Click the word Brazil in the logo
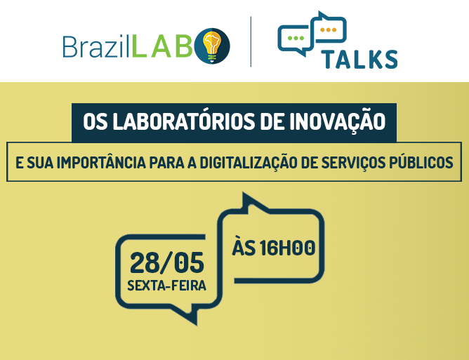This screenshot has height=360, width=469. pos(95,46)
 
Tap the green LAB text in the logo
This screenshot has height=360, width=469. pos(162,46)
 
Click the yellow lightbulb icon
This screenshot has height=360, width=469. pos(212,46)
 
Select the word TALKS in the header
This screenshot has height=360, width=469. pos(359,59)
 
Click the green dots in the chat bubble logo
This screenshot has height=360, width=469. pos(295,38)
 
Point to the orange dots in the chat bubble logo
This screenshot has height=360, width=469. pos(328,30)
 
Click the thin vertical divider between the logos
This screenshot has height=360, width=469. pos(251,41)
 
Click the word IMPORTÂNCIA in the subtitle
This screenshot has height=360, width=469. pos(101,162)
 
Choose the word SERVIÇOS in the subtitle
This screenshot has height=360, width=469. pos(352,163)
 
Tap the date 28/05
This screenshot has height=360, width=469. pos(167,263)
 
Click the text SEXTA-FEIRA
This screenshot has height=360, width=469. pos(166,286)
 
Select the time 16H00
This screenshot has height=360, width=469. pos(287,248)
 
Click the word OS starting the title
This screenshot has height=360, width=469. pos(95,121)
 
